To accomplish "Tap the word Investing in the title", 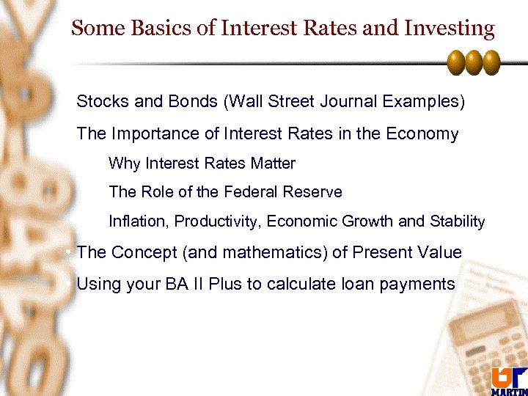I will click(454, 29).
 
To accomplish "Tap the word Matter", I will click(271, 163).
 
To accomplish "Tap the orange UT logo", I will click(507, 376).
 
